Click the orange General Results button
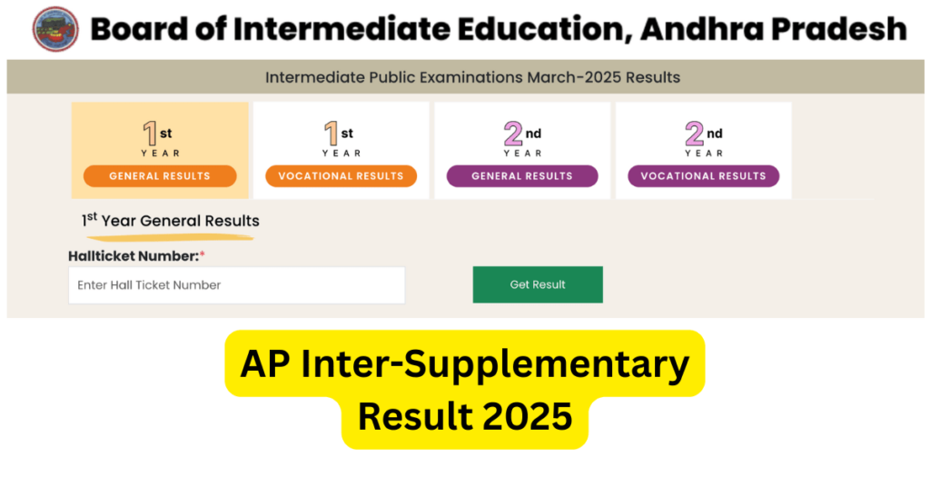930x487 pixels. pyautogui.click(x=160, y=176)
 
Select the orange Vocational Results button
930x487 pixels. pyautogui.click(x=341, y=176)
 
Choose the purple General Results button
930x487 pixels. pyautogui.click(x=522, y=176)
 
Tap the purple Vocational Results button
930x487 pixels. pyautogui.click(x=703, y=176)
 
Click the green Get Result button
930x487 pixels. pyautogui.click(x=538, y=284)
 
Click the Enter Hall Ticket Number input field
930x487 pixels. pyautogui.click(x=236, y=285)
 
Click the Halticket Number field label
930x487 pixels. pyautogui.click(x=134, y=257)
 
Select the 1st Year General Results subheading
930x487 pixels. pyautogui.click(x=171, y=221)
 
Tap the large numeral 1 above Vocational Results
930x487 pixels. pyautogui.click(x=331, y=134)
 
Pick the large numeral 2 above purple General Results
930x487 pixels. pyautogui.click(x=513, y=134)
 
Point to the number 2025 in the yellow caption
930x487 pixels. pyautogui.click(x=528, y=416)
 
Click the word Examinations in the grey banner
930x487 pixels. pyautogui.click(x=473, y=77)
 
